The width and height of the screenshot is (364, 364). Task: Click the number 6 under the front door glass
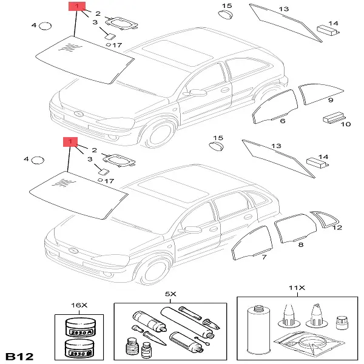pyautogui.click(x=282, y=121)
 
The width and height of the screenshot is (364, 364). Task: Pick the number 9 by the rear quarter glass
pyautogui.click(x=331, y=99)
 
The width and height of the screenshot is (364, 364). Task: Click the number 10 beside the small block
pyautogui.click(x=347, y=124)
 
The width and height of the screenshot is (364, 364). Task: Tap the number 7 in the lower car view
pyautogui.click(x=264, y=258)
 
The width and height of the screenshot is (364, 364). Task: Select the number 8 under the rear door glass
pyautogui.click(x=300, y=244)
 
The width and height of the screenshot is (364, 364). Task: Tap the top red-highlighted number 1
pyautogui.click(x=76, y=7)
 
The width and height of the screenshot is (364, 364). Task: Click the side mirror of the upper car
pyautogui.click(x=197, y=93)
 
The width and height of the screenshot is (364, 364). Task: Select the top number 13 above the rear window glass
pyautogui.click(x=283, y=9)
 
